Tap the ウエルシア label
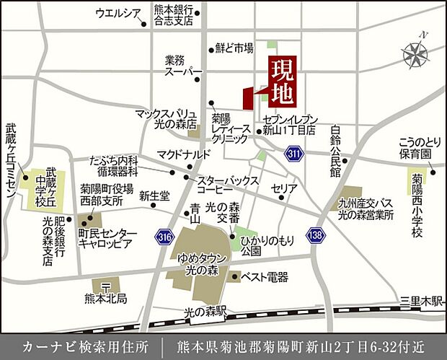pos(118,12)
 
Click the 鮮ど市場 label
pos(234,49)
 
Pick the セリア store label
pos(284,188)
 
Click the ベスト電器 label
pos(264,276)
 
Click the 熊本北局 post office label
pos(105,297)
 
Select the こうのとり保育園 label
pos(420,149)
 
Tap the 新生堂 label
pos(154,196)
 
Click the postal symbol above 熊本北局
pos(105,284)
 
